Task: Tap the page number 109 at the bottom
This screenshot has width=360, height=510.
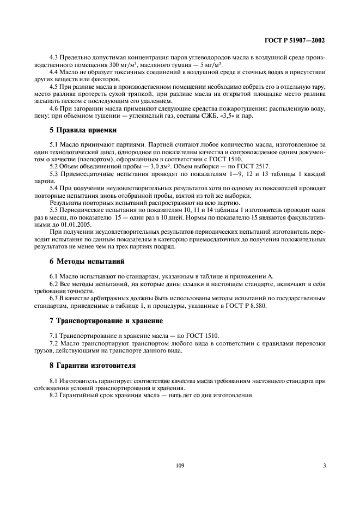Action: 180,465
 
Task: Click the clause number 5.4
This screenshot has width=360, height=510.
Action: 54,188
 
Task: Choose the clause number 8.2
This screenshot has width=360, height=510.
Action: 54,395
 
